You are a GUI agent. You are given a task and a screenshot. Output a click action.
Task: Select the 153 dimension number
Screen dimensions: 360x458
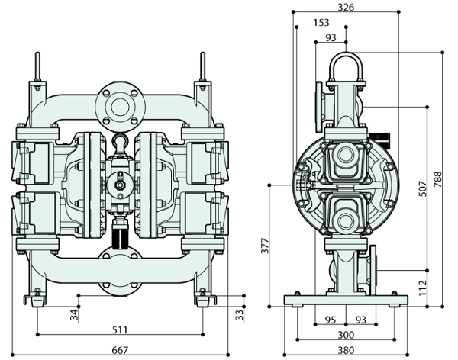[322, 23]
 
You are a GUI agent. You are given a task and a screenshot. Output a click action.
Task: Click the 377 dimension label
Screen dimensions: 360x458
[265, 245]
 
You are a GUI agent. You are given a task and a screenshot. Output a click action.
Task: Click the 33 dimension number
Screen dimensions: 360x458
[238, 313]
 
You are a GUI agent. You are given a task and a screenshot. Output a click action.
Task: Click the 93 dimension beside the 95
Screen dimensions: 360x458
[361, 320]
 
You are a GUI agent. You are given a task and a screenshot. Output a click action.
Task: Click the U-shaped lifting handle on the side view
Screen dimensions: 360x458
[345, 65]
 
